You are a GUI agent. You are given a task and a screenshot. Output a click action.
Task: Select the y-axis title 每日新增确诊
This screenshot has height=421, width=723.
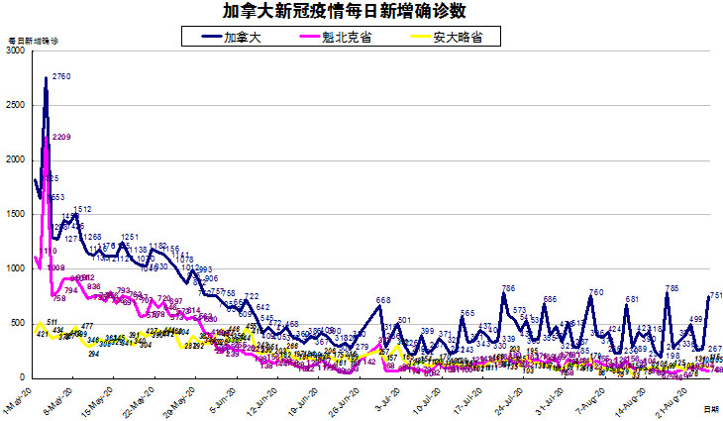point(33,42)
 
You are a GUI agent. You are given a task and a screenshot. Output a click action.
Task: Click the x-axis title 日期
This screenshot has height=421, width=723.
point(710,408)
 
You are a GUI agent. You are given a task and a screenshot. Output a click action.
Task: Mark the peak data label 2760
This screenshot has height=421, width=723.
point(61,77)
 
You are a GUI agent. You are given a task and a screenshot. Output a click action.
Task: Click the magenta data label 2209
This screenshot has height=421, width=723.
point(61,137)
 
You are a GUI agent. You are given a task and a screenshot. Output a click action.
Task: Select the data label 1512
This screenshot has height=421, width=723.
point(82,210)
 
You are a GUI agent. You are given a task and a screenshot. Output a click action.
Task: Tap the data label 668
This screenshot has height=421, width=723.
point(383,300)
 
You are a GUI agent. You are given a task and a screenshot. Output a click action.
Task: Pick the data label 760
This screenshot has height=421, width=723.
point(596,292)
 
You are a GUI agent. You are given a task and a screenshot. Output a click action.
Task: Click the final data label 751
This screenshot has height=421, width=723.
point(714,295)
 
